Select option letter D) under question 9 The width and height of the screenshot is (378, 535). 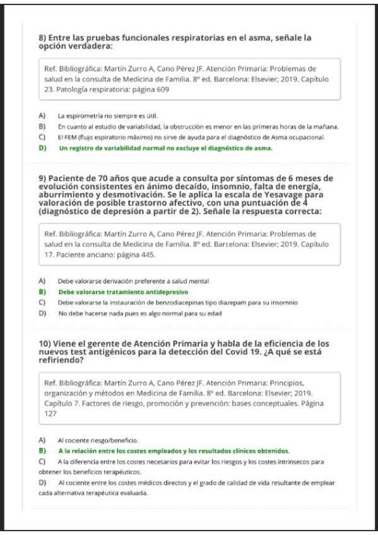(x=42, y=313)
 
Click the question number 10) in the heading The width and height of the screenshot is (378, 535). (x=46, y=342)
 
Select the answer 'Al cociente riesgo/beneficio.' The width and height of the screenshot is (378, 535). (x=97, y=440)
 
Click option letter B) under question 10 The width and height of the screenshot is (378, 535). (x=42, y=450)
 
